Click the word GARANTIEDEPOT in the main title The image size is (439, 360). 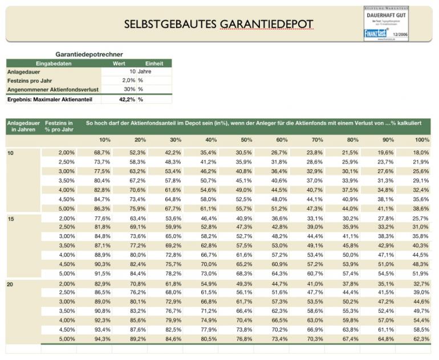point(266,24)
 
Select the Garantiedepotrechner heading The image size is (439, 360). point(89,54)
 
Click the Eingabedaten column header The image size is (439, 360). point(54,63)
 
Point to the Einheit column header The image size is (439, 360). point(155,63)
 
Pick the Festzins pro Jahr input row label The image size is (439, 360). point(30,80)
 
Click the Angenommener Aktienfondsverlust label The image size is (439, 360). point(52,89)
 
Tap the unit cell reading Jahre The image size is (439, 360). point(145,72)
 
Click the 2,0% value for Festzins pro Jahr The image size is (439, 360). point(128,80)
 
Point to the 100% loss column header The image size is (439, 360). point(422,140)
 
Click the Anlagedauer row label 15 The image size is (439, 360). point(11,219)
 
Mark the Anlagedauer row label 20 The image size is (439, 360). point(11,284)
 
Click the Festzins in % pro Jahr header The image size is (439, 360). point(59,126)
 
